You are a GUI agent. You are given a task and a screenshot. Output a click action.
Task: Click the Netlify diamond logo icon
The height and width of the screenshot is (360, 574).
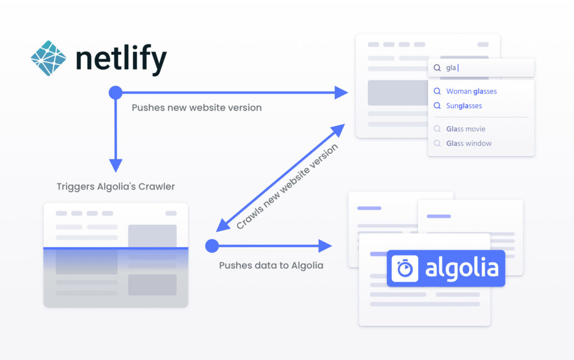point(48,58)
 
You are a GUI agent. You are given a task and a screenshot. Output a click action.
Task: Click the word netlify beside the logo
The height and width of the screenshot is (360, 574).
point(121,58)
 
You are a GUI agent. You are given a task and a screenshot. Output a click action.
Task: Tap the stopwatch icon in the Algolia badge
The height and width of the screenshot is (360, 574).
point(405,269)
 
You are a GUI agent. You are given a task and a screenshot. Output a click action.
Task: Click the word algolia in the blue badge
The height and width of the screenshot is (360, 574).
point(462,267)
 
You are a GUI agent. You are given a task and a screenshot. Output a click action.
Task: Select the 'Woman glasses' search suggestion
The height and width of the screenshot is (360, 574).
point(471,91)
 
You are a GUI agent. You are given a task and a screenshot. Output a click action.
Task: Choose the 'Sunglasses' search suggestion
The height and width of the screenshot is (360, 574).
point(464,106)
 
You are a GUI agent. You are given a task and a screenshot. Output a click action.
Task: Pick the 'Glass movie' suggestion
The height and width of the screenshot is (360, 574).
point(466,129)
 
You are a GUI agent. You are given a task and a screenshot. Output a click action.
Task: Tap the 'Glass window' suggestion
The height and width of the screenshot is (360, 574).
point(469,144)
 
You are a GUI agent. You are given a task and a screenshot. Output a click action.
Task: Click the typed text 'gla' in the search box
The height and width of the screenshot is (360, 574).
point(451,68)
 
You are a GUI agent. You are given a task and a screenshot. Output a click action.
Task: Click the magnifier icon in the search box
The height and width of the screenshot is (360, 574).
point(437,68)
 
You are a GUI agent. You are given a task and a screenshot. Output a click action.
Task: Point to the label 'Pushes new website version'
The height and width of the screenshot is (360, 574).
point(197,108)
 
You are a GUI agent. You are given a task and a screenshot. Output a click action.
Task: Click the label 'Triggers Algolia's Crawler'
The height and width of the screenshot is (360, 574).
point(115,186)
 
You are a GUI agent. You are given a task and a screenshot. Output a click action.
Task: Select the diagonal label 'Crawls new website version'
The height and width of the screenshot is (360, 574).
point(287,186)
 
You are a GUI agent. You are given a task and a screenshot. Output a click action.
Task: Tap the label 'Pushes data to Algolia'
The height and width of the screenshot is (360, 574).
point(271,265)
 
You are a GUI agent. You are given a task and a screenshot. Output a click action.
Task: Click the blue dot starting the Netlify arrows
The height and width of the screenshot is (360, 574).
point(115,93)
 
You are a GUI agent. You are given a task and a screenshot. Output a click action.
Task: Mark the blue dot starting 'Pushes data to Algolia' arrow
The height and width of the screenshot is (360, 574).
point(212,246)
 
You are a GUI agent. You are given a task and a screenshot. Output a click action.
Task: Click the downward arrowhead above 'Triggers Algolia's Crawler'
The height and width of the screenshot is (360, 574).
point(115,165)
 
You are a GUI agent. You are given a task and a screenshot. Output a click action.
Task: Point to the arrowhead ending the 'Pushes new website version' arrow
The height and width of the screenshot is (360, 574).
point(341,93)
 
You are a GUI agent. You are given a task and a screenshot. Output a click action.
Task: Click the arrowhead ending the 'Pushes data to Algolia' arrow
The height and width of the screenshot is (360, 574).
point(325,246)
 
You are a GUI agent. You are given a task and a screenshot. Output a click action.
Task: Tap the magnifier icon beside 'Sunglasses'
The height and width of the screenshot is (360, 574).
point(437,106)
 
